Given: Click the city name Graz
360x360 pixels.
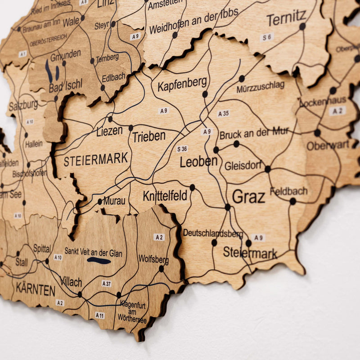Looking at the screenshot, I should (x=248, y=196).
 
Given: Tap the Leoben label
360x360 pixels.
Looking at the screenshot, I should (x=198, y=162).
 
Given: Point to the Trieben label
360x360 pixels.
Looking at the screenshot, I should (x=148, y=136).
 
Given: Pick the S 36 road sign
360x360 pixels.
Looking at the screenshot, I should (x=182, y=149).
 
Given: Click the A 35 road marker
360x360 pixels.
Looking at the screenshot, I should (x=223, y=113).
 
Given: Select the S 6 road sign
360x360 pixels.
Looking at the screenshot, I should (x=267, y=37).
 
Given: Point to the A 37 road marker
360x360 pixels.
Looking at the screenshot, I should (x=106, y=283).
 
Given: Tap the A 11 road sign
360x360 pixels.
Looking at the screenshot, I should (x=99, y=315).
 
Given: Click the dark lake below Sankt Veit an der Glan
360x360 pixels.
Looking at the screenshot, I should (x=99, y=261).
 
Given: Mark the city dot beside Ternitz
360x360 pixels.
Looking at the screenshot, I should (x=302, y=27).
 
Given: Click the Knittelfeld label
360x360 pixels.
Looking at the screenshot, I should (x=165, y=196).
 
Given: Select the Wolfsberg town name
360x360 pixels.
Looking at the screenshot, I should (x=153, y=260).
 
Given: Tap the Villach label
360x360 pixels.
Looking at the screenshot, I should (x=71, y=282).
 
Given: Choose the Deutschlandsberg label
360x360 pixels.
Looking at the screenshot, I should (x=213, y=234).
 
